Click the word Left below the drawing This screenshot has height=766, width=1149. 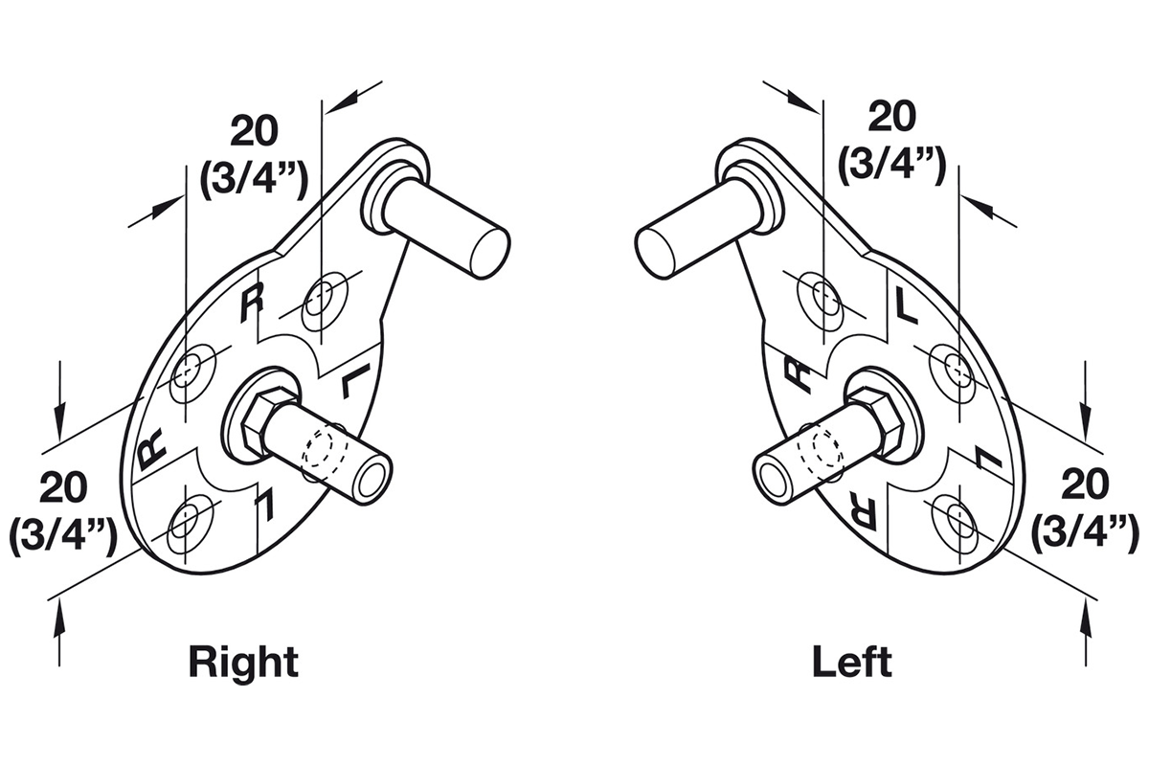(x=852, y=661)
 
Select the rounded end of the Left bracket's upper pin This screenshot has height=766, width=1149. (x=659, y=252)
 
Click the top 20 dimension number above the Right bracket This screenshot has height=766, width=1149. (x=255, y=131)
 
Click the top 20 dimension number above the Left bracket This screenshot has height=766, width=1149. (x=892, y=117)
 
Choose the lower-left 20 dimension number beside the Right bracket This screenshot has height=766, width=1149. (x=63, y=487)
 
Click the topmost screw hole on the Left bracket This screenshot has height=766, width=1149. (x=822, y=303)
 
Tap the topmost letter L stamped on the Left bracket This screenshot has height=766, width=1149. (x=906, y=305)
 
